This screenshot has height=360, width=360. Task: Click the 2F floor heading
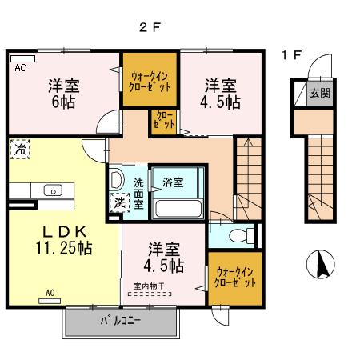coord(150,26)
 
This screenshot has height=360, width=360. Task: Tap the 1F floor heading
coord(292,55)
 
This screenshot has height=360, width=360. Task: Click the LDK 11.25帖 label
coord(56,238)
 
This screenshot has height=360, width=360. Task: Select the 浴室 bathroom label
coord(172,182)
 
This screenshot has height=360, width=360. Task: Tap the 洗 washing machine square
coord(119,203)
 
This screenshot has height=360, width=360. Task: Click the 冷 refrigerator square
coord(19,149)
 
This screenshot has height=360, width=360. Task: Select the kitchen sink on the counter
coord(53,190)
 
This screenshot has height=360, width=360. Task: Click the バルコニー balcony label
coord(120,322)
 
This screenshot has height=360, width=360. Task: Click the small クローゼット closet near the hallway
coord(162,121)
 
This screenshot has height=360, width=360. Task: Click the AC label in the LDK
coord(50,294)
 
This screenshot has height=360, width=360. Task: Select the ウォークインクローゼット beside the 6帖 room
coord(149,81)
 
